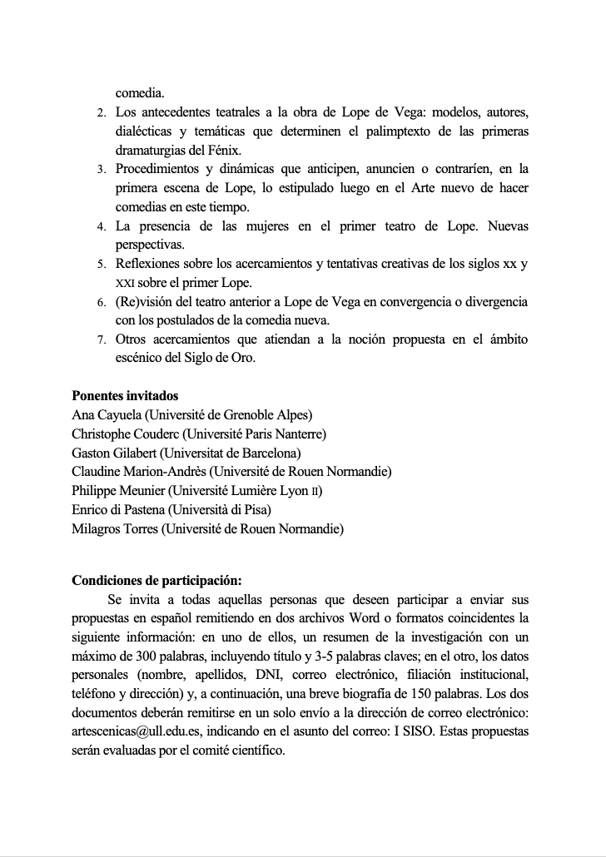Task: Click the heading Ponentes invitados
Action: tap(125, 396)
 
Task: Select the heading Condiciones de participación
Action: tap(156, 581)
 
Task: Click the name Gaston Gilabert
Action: tap(113, 453)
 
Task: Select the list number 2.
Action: tap(101, 112)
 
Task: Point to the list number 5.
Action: tap(101, 265)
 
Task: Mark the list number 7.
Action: tap(101, 340)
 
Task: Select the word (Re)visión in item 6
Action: tap(142, 301)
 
